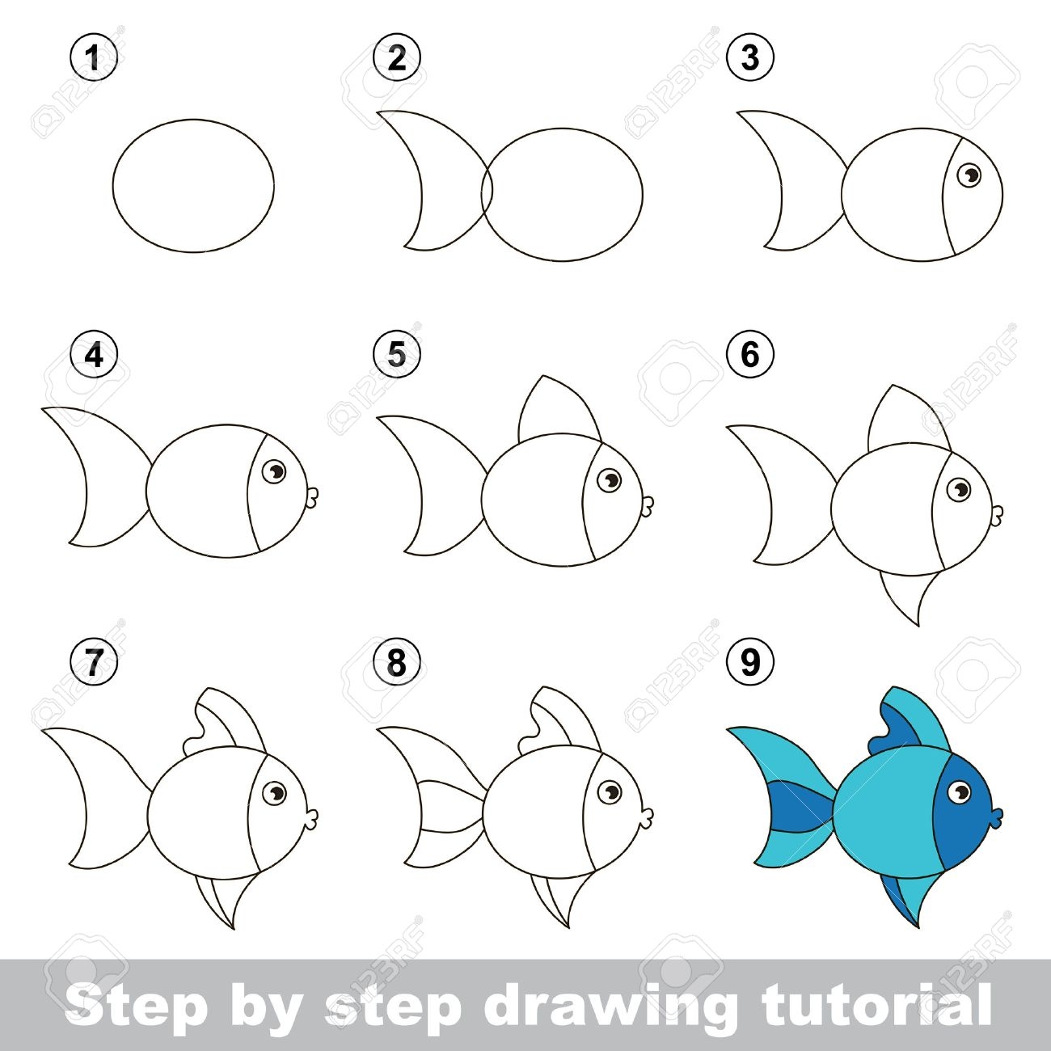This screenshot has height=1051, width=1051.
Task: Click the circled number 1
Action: click(94, 57)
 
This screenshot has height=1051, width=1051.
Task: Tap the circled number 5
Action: click(397, 356)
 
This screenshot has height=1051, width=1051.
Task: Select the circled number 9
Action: click(750, 663)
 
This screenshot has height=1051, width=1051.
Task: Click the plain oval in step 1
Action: click(193, 185)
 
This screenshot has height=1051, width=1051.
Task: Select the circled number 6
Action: click(750, 356)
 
